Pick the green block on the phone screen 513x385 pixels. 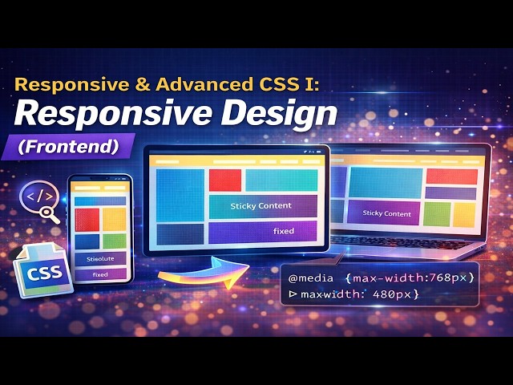(x=114, y=241)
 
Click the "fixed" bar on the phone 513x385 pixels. (x=100, y=274)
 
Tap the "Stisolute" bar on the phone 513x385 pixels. (x=100, y=259)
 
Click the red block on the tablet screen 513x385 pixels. (x=225, y=180)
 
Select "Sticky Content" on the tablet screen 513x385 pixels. (x=261, y=206)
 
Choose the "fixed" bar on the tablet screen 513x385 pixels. (x=283, y=232)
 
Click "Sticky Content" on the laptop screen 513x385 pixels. (x=386, y=213)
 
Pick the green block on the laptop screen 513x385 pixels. (x=437, y=213)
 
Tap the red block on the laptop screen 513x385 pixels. (x=440, y=176)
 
